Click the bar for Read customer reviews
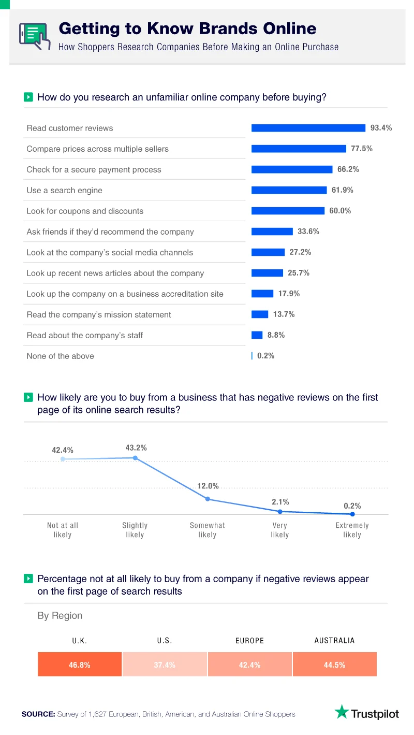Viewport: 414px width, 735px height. pos(308,128)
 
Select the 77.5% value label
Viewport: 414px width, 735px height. pos(362,149)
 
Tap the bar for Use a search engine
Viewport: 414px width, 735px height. pos(289,190)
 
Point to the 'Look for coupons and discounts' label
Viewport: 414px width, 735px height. pos(85,211)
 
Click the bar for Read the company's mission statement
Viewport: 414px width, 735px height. pos(260,314)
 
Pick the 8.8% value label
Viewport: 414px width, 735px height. pos(276,335)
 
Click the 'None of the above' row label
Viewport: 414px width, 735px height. pos(60,356)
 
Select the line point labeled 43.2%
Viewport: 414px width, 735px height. pos(135,458)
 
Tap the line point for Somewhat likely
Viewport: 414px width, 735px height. pos(208,499)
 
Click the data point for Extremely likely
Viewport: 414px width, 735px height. pos(352,514)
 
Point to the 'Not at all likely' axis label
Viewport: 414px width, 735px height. pos(63,530)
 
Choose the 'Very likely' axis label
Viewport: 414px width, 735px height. pos(279,530)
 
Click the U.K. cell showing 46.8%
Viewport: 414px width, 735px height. pos(80,665)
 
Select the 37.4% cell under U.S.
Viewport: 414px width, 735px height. pos(165,665)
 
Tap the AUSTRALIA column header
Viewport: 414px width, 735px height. pos(334,640)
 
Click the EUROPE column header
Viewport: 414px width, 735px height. pos(249,640)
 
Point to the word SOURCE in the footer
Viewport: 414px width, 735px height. pos(38,714)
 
